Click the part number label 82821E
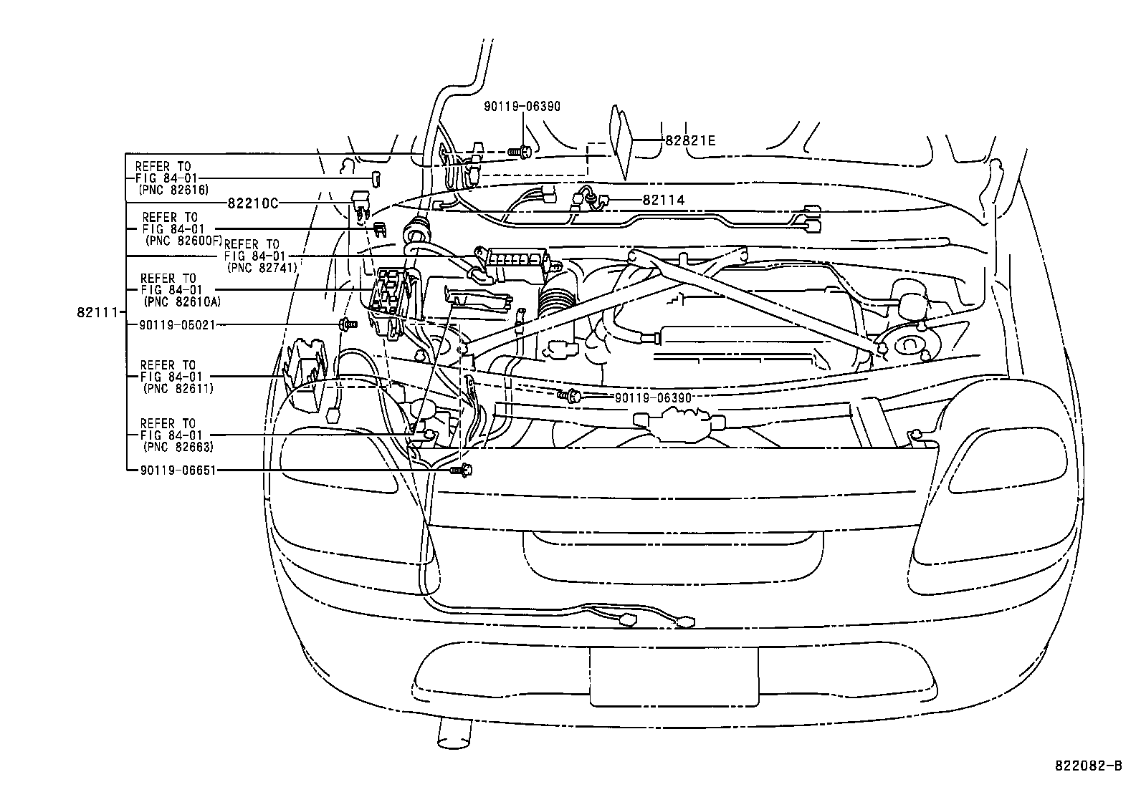689,141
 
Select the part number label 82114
663,201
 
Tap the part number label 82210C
253,203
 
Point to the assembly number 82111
95,312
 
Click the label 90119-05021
171,325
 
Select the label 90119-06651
171,470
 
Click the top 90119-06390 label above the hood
522,107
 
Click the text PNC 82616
171,190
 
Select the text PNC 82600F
183,241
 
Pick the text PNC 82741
262,267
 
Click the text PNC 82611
178,388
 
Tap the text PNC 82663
178,447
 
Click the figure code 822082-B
1087,766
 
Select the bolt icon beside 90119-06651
462,470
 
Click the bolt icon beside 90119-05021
349,324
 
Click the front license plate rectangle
673,676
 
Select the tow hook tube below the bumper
453,734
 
